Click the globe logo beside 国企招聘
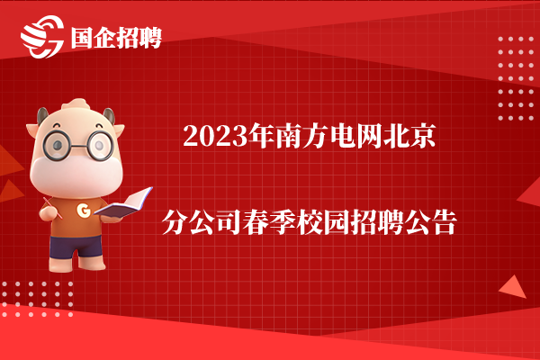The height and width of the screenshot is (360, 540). click(42, 37)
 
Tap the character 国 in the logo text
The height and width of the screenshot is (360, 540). click(82, 38)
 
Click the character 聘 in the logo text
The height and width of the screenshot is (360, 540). click(150, 38)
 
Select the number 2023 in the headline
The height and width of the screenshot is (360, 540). click(215, 137)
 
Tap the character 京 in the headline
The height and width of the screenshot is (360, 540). click(423, 136)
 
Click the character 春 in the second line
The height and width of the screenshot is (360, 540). click(256, 222)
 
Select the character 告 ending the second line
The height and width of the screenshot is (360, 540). click(445, 222)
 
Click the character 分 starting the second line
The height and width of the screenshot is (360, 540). click(175, 222)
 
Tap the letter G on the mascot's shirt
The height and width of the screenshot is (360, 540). click(84, 210)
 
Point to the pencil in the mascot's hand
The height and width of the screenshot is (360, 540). click(53, 208)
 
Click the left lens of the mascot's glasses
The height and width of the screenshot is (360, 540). click(57, 145)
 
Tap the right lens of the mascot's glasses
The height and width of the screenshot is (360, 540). click(100, 146)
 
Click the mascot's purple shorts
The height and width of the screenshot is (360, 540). click(76, 246)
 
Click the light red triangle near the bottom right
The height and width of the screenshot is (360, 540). click(513, 288)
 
